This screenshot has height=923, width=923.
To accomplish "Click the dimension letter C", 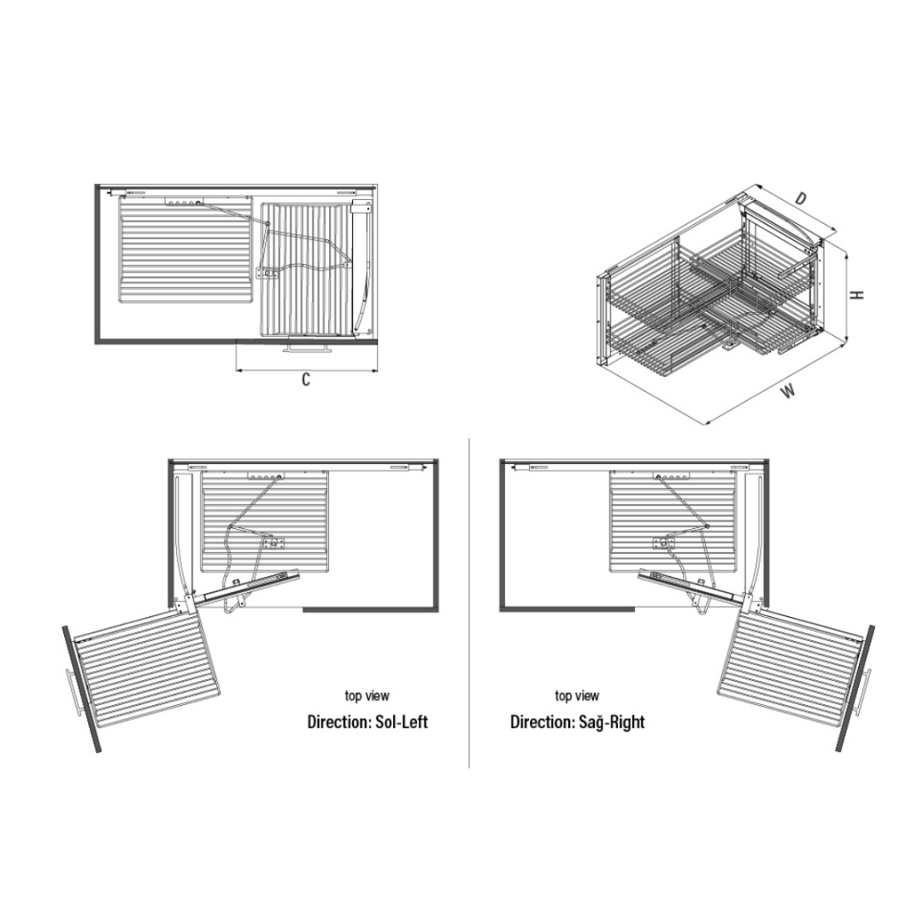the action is click(x=305, y=379).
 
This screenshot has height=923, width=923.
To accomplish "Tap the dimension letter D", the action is click(x=799, y=199).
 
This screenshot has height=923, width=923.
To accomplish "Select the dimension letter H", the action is click(x=858, y=294).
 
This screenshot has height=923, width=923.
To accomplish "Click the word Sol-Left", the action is click(x=402, y=721).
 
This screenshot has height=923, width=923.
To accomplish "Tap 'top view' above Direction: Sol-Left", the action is click(x=367, y=696).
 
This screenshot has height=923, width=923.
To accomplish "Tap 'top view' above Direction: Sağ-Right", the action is click(x=577, y=696).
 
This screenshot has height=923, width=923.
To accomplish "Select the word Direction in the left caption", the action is click(x=339, y=721).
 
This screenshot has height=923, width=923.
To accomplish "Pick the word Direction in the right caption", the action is click(x=542, y=721).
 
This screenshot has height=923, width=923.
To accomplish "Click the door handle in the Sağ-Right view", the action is click(x=865, y=692).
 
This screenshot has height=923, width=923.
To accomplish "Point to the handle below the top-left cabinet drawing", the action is click(x=308, y=350).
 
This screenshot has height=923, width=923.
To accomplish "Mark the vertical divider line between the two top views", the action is click(x=469, y=603).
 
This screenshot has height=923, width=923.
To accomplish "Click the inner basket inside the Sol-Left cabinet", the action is click(x=266, y=521).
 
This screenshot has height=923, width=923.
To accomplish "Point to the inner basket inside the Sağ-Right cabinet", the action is click(x=672, y=521).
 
